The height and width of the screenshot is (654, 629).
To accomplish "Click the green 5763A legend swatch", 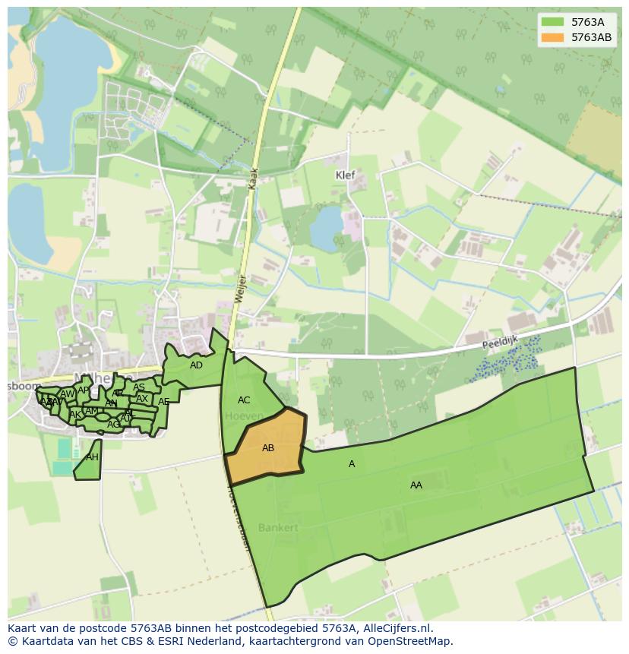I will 552,22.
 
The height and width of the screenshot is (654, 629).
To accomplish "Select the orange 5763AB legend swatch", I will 552,37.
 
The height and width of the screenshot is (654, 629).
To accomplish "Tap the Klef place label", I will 346,175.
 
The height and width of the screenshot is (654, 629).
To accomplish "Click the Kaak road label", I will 254,179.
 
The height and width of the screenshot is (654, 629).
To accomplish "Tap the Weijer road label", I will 239,291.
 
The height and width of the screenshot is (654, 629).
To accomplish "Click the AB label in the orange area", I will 268,448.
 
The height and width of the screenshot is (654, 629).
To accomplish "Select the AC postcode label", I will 244,400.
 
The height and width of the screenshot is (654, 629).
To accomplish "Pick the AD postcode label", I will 196,365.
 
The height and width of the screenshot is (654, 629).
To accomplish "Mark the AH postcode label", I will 92,457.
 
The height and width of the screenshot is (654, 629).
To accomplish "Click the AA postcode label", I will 416,485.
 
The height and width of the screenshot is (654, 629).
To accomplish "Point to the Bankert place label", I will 277,527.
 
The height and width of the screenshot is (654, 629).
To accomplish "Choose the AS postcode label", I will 139,387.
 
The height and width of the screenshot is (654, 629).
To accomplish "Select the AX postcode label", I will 142,399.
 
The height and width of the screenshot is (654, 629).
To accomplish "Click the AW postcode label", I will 68,394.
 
